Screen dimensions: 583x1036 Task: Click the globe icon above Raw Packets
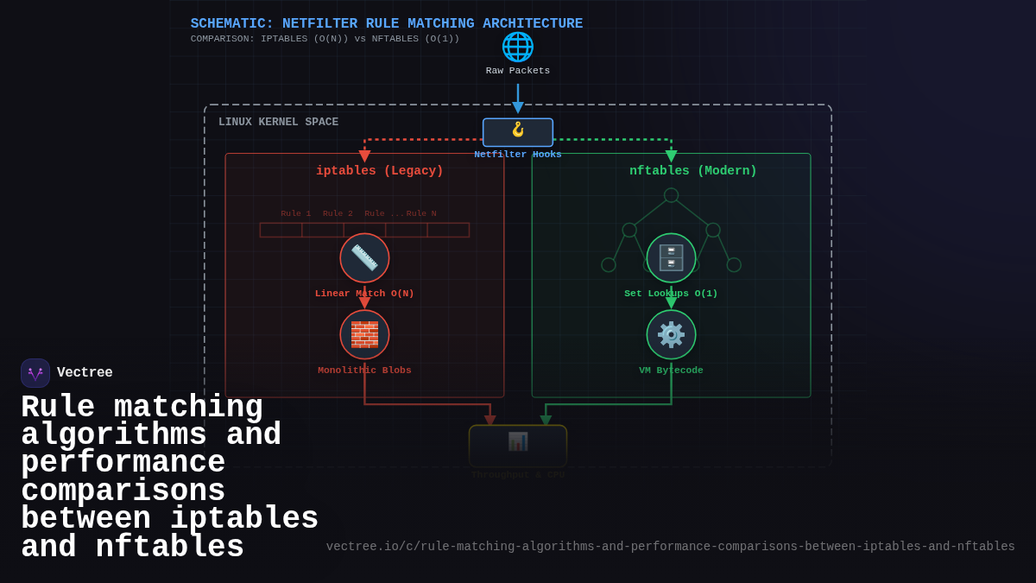coord(518,47)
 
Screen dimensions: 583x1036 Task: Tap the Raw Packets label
coord(518,71)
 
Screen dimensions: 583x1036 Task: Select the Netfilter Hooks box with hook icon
coord(518,132)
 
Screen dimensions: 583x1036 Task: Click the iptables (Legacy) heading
coord(379,171)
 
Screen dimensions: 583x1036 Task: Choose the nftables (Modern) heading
coord(692,171)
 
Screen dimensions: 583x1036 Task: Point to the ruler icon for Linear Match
coord(364,257)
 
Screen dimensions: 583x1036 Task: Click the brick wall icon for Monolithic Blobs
coord(364,334)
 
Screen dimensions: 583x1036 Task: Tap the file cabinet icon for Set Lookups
coord(671,257)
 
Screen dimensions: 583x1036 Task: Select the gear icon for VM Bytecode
coord(671,334)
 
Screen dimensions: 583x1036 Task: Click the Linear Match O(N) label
coord(364,294)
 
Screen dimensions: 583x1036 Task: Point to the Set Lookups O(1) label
coord(671,294)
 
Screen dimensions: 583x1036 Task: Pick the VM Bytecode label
coord(671,371)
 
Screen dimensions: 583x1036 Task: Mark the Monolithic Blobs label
coord(364,371)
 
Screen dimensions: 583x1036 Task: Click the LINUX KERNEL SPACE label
coord(278,122)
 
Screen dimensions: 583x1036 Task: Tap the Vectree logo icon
coord(35,373)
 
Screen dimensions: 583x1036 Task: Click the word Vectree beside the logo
coord(85,373)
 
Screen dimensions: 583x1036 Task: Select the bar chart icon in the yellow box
coord(518,441)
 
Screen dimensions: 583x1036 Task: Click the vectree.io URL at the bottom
coord(670,547)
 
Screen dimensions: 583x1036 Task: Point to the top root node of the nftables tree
coord(671,195)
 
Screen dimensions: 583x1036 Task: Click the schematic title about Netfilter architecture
coord(386,24)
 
